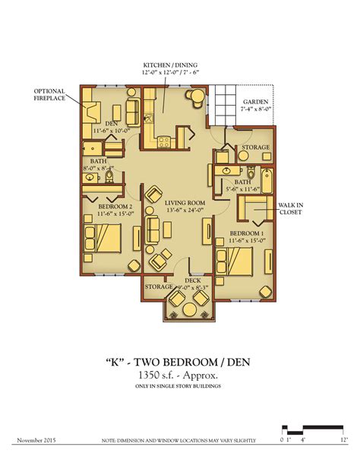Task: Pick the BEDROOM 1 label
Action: [247, 233]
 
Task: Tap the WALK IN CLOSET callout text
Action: [289, 208]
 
